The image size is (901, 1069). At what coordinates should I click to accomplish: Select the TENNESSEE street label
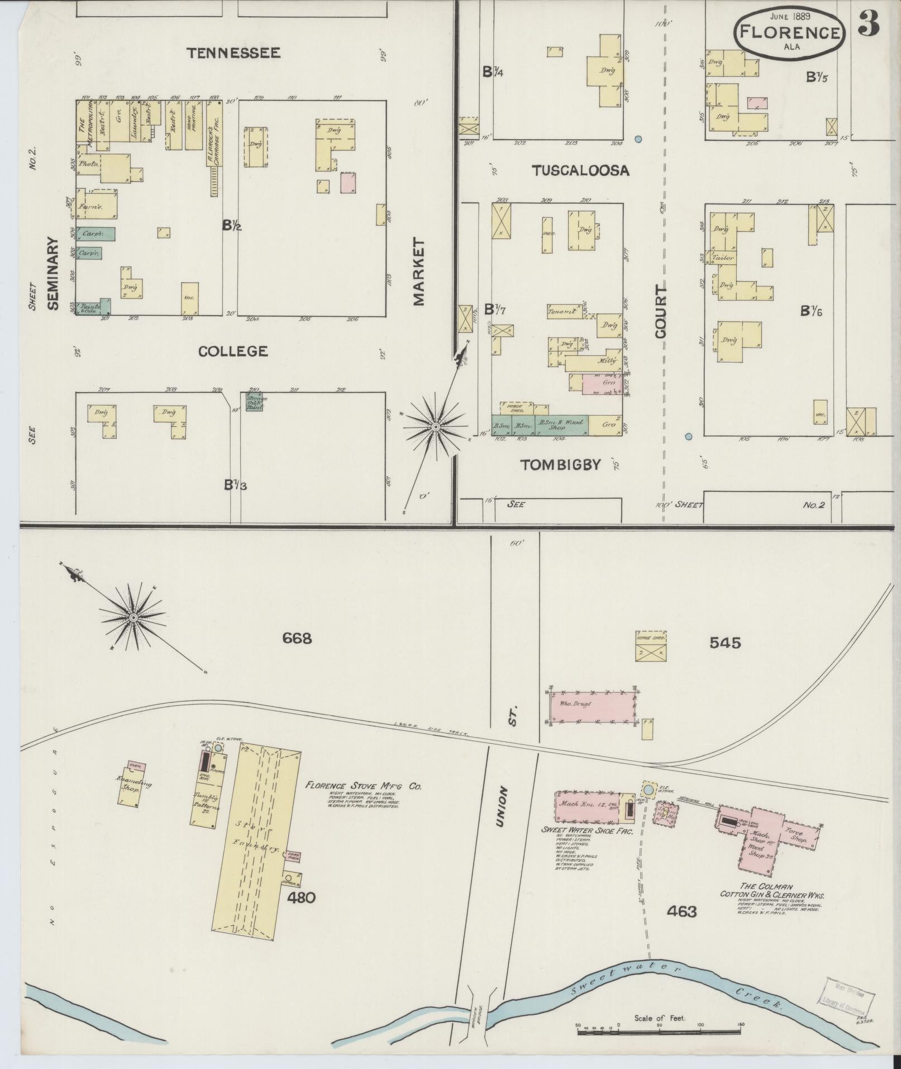pyautogui.click(x=233, y=53)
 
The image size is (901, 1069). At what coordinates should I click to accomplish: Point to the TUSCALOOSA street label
pyautogui.click(x=580, y=170)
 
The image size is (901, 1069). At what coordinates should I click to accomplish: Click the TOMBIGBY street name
pyautogui.click(x=560, y=464)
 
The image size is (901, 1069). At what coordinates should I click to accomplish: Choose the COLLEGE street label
pyautogui.click(x=233, y=351)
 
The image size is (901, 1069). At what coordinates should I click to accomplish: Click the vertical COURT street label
pyautogui.click(x=661, y=311)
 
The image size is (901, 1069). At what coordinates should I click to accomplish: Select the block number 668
pyautogui.click(x=297, y=638)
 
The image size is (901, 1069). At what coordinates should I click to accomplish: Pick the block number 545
pyautogui.click(x=725, y=643)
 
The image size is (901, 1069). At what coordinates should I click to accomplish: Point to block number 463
pyautogui.click(x=682, y=911)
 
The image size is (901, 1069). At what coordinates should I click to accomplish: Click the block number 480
pyautogui.click(x=302, y=897)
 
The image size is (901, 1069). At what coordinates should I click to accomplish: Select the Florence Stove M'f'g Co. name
pyautogui.click(x=363, y=786)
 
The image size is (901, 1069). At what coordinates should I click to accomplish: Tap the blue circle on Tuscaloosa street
pyautogui.click(x=638, y=139)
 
